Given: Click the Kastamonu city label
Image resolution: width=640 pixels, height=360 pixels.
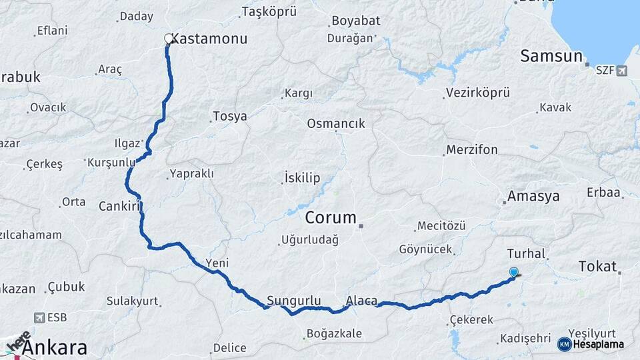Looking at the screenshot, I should [x=209, y=39].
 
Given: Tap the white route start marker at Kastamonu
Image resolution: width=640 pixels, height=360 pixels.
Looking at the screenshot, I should [x=169, y=39].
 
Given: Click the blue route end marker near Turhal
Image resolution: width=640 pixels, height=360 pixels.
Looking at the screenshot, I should [x=513, y=272].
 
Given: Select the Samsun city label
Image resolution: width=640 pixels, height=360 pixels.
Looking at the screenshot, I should [x=551, y=56].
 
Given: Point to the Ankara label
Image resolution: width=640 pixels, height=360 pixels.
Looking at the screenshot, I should [x=55, y=347].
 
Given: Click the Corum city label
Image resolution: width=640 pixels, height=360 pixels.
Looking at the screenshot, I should [x=331, y=217].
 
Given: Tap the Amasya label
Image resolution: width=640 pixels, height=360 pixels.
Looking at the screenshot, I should [x=533, y=196].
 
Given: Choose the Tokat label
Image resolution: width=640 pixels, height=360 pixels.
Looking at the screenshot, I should [x=598, y=267].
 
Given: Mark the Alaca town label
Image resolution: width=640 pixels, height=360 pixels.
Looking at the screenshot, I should [x=362, y=301].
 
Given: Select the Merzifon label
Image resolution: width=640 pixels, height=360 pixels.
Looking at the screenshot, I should [x=472, y=149].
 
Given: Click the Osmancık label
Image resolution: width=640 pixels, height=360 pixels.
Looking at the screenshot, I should [x=336, y=123].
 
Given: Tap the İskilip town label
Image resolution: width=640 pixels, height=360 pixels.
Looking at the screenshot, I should [x=302, y=178].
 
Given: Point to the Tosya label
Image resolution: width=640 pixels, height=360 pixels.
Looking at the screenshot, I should [x=229, y=117].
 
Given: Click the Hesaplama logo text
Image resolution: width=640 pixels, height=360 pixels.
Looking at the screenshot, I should [x=598, y=344].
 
